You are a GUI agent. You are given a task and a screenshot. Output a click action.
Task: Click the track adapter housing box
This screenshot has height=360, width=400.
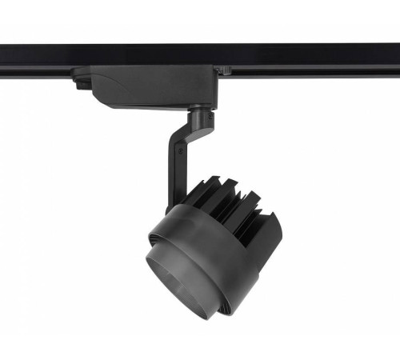pos(148,83)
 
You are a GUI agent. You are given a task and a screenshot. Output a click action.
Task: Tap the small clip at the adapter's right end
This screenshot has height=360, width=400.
pos(224,71)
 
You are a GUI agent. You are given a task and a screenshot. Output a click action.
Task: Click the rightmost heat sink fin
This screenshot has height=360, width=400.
pos(276,228)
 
